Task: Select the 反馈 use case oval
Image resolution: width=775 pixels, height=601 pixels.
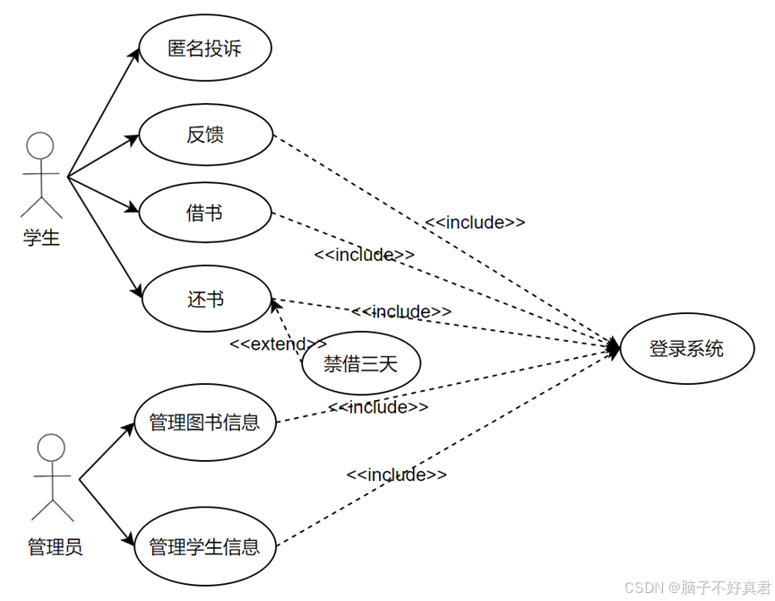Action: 205,135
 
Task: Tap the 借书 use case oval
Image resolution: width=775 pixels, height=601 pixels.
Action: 205,213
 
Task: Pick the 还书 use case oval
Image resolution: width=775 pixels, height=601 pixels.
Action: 205,299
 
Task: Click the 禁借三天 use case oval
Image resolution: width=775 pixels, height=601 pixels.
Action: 360,363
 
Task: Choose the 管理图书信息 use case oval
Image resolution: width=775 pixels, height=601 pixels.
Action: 205,422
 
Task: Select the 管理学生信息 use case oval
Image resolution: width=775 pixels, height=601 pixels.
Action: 205,545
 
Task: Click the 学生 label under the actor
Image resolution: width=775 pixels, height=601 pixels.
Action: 41,239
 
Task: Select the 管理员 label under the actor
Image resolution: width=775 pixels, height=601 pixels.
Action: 55,546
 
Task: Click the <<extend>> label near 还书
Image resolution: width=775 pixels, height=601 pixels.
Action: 278,344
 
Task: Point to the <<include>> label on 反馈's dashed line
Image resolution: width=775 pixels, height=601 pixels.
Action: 475,222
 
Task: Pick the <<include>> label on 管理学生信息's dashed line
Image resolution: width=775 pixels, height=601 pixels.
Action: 396,475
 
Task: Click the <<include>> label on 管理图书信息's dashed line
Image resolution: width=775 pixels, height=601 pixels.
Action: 378,407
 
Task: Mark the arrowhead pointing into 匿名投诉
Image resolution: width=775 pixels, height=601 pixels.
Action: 134,54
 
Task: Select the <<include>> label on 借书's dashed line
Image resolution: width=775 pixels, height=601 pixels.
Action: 364,255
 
